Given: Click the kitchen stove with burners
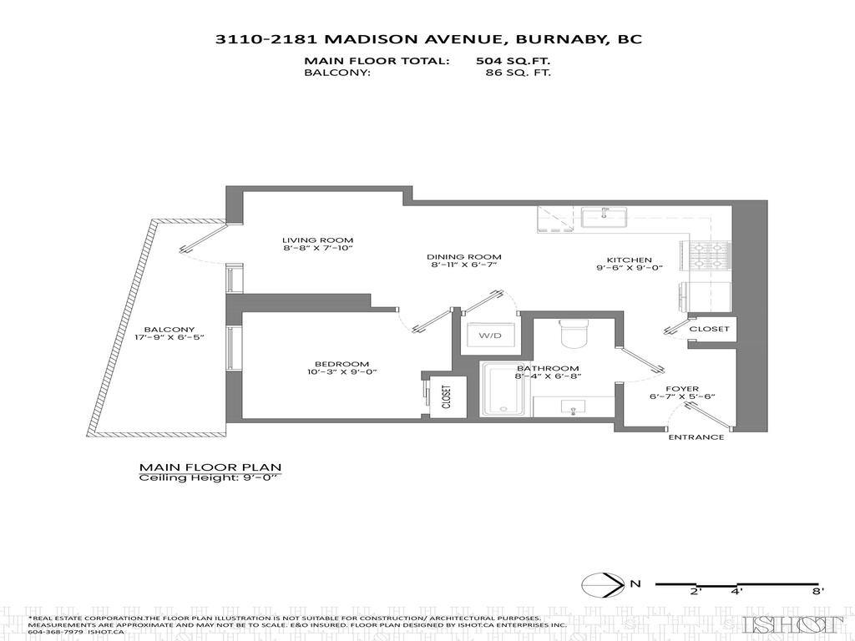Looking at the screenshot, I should pos(706,255).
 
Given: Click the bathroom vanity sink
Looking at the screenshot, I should pos(573,406).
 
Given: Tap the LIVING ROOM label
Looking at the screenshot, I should pos(313,240).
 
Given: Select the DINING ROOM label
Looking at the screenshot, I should pos(463,257).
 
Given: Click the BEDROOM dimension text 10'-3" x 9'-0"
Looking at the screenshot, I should pos(341,374).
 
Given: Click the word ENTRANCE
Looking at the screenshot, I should pos(696,437).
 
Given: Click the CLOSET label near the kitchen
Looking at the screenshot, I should pos(709,329).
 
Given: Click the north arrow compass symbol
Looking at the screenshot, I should pos(604,584).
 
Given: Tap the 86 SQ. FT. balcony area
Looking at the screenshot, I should pos(518,73).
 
